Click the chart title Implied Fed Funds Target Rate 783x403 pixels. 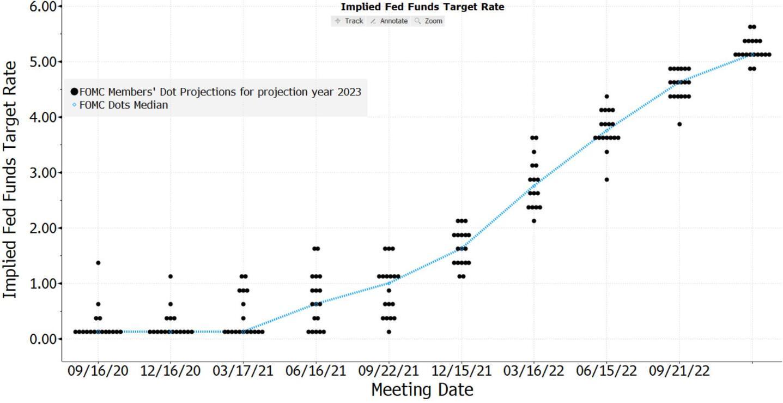422,7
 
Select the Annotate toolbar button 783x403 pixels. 389,21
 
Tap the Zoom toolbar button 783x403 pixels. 429,21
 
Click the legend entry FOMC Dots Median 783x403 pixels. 123,105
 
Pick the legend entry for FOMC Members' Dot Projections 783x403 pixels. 220,92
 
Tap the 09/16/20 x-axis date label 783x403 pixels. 98,371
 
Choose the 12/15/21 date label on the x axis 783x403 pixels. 462,371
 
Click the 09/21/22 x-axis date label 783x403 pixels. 679,371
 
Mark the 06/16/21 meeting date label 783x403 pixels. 316,371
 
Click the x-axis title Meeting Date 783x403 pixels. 422,390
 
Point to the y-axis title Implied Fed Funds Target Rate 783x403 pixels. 10,180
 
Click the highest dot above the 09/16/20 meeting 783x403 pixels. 98,263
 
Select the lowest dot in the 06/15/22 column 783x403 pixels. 606,179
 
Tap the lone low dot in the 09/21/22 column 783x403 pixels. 679,124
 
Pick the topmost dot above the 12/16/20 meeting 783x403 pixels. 171,276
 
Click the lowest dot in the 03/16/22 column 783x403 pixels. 534,221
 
